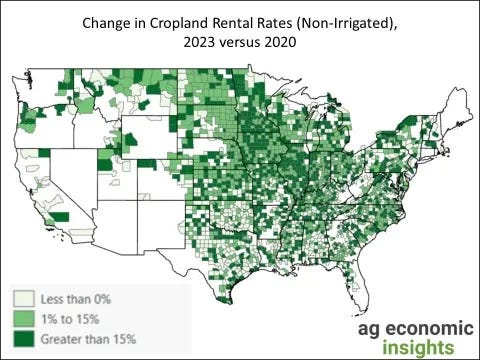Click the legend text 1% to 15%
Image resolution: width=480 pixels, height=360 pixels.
point(65,317)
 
